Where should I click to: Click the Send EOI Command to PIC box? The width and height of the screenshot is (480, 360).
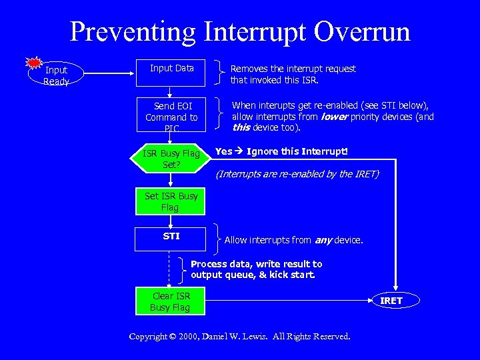(171, 117)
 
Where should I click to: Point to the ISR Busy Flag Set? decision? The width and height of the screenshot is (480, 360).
(171, 159)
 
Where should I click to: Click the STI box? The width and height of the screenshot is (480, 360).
(171, 239)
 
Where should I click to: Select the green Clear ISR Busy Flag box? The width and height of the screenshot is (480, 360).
(171, 301)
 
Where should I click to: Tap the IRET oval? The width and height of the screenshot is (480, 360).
(391, 301)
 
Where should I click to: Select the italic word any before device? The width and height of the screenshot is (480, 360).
(323, 240)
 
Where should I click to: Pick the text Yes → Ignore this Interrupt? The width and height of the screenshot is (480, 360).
(281, 151)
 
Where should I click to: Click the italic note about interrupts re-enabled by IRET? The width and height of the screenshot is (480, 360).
(297, 175)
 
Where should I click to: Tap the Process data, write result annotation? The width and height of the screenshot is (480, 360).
(256, 269)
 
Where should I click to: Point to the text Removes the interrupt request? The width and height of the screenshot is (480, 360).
(293, 69)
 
